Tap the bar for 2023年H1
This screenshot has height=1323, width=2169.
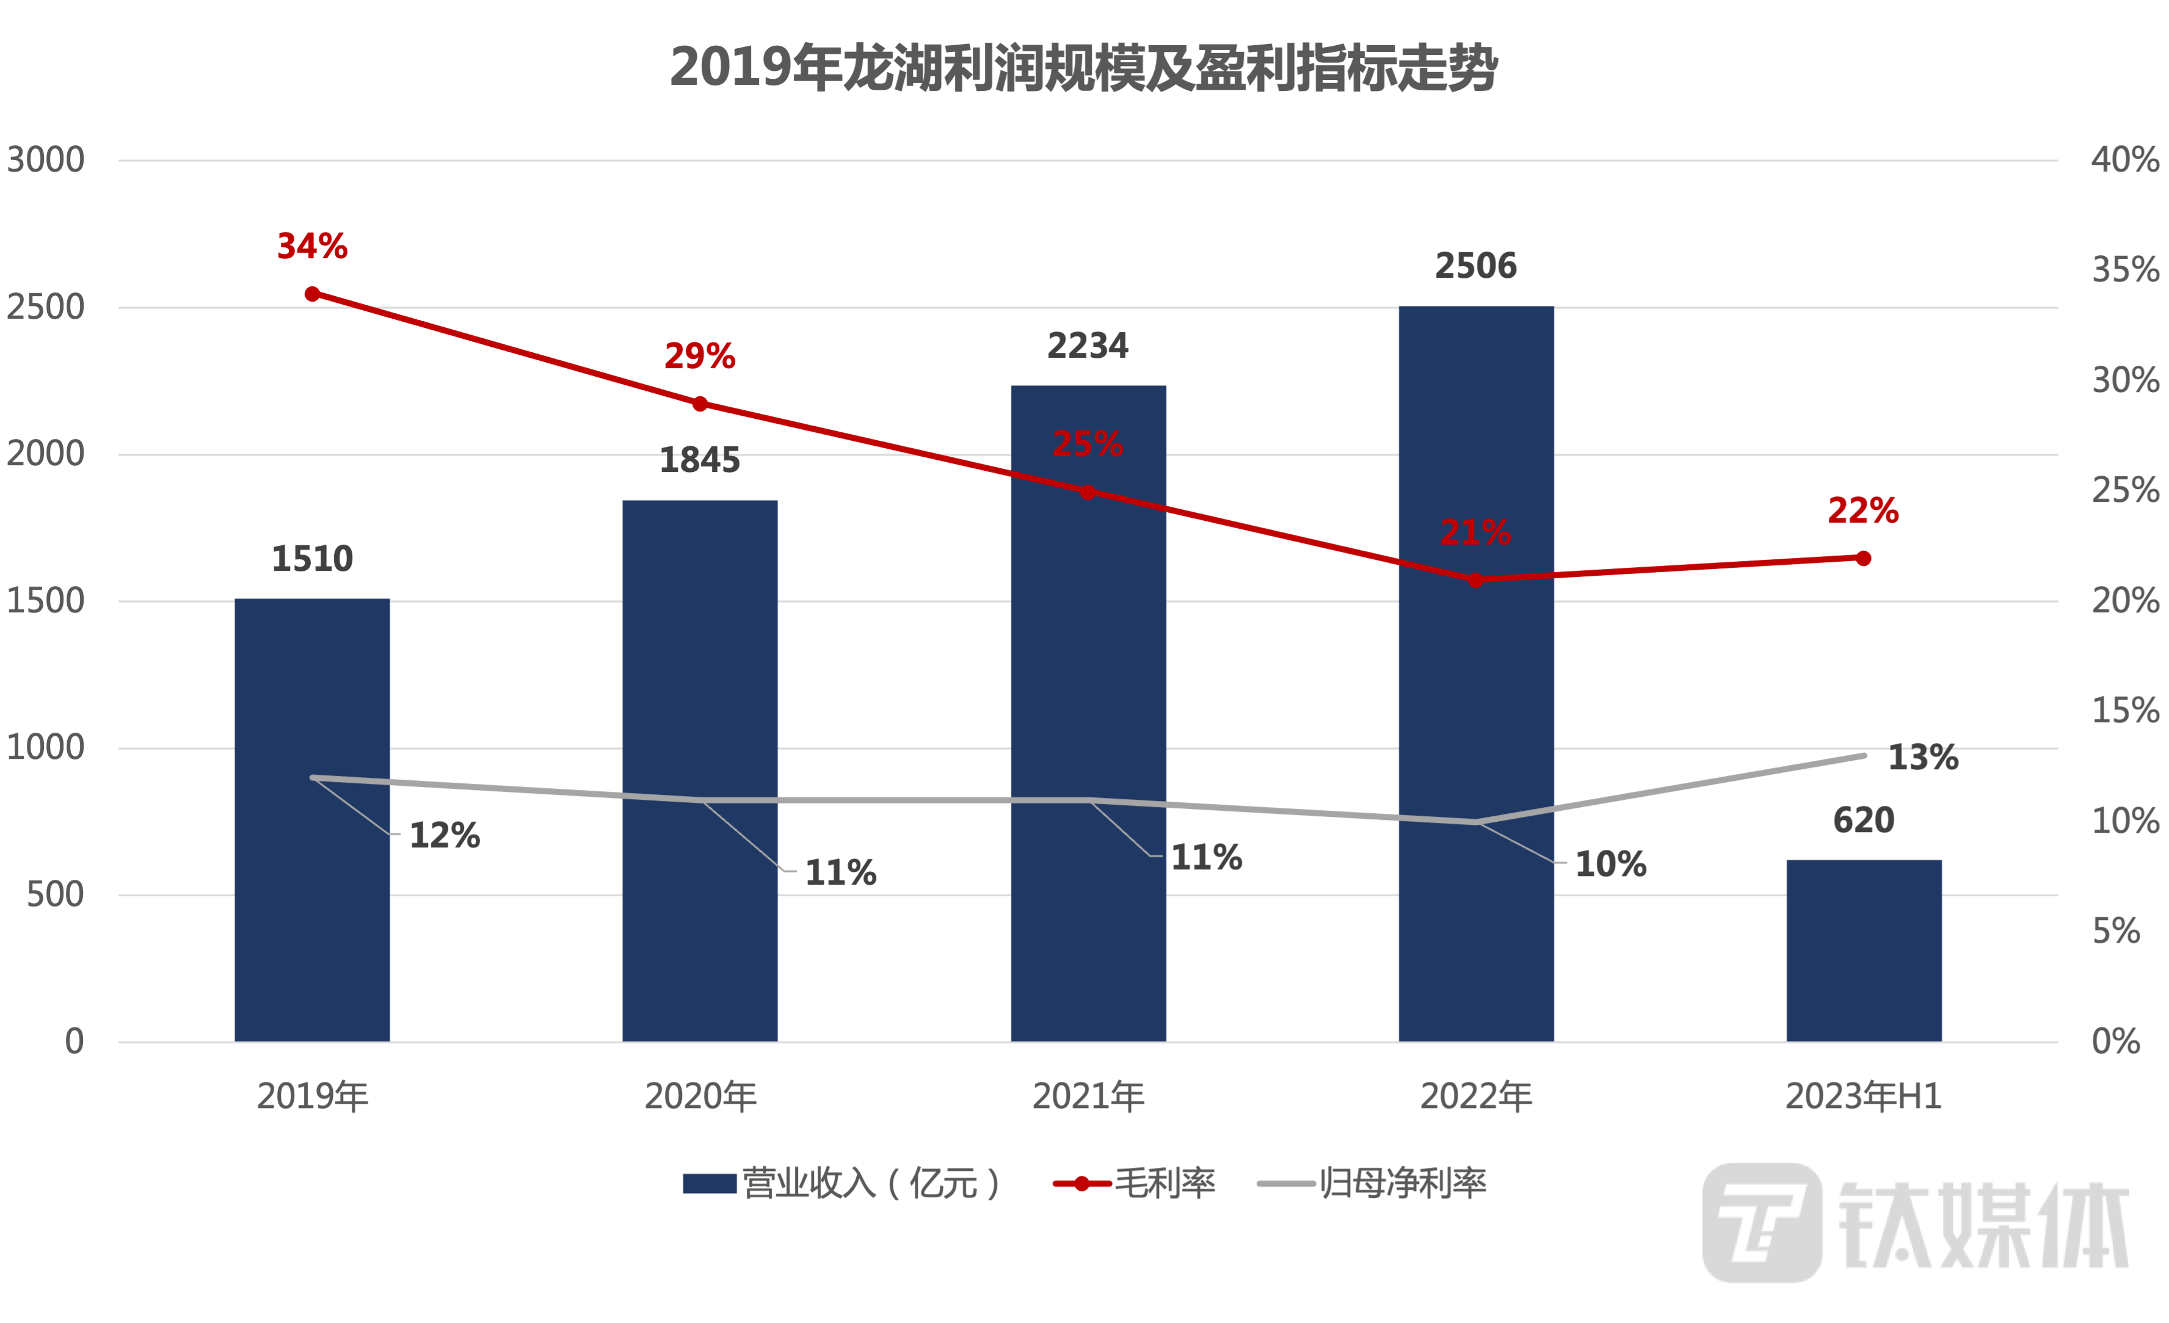point(1864,951)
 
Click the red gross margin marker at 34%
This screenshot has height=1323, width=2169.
point(313,294)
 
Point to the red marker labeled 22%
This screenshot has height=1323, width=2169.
point(1864,558)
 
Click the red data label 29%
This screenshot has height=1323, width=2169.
point(699,357)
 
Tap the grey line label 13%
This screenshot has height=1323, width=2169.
point(1924,758)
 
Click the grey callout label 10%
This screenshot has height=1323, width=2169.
point(1610,864)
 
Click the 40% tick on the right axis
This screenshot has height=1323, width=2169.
point(2124,160)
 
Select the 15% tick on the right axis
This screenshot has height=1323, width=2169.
point(2124,711)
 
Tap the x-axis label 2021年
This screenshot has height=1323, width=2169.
point(1088,1096)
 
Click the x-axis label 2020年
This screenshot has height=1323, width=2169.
point(700,1096)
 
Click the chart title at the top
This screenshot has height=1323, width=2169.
point(1084,68)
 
